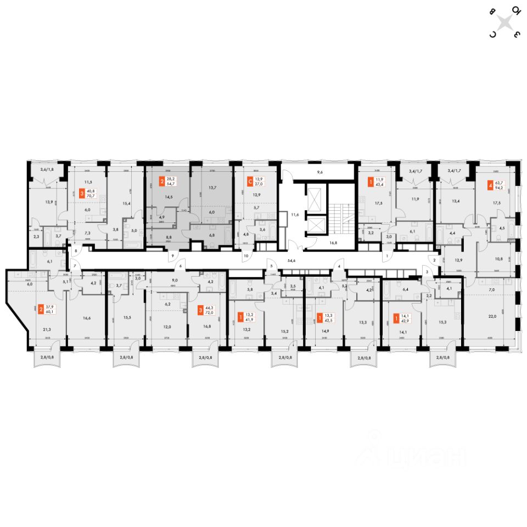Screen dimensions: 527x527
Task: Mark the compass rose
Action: [x=505, y=22]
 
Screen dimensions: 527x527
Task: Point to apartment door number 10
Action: [x=246, y=256]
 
